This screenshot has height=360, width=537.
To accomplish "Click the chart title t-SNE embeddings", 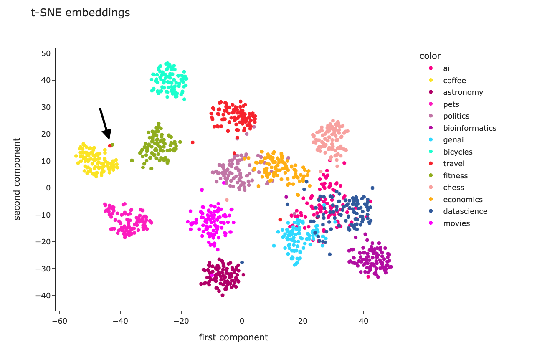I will (81, 13).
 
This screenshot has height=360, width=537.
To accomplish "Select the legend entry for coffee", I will (454, 81).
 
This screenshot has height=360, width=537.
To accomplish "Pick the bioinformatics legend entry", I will (469, 128).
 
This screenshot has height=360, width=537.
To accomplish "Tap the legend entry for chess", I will (453, 188).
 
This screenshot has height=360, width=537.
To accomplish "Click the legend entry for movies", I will (456, 223).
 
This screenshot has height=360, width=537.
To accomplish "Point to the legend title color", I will (430, 56).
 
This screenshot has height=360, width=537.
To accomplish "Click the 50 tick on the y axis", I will (46, 53).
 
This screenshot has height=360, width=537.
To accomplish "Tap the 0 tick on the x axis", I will (242, 322).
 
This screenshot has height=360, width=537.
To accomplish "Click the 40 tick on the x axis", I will (363, 322).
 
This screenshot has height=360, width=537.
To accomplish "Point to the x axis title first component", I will (233, 337).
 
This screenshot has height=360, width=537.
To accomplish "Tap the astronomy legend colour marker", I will (431, 92).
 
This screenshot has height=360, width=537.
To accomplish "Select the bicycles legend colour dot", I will (431, 152).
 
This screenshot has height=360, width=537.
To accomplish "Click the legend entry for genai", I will (453, 140).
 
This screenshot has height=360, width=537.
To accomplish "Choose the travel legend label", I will (453, 164).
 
